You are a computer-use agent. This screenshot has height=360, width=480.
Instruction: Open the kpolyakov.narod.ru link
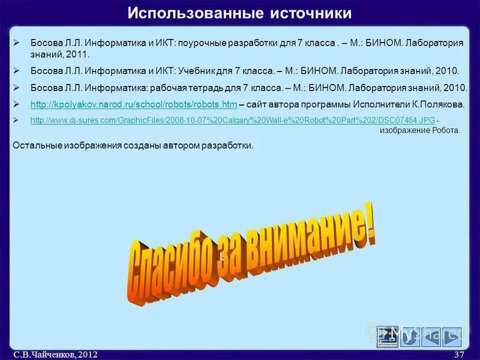point(133,103)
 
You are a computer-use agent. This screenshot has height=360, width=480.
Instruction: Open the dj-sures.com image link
point(232,121)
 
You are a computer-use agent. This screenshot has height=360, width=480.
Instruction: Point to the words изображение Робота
point(420,130)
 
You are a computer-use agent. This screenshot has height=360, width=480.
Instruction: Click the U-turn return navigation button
point(411,338)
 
